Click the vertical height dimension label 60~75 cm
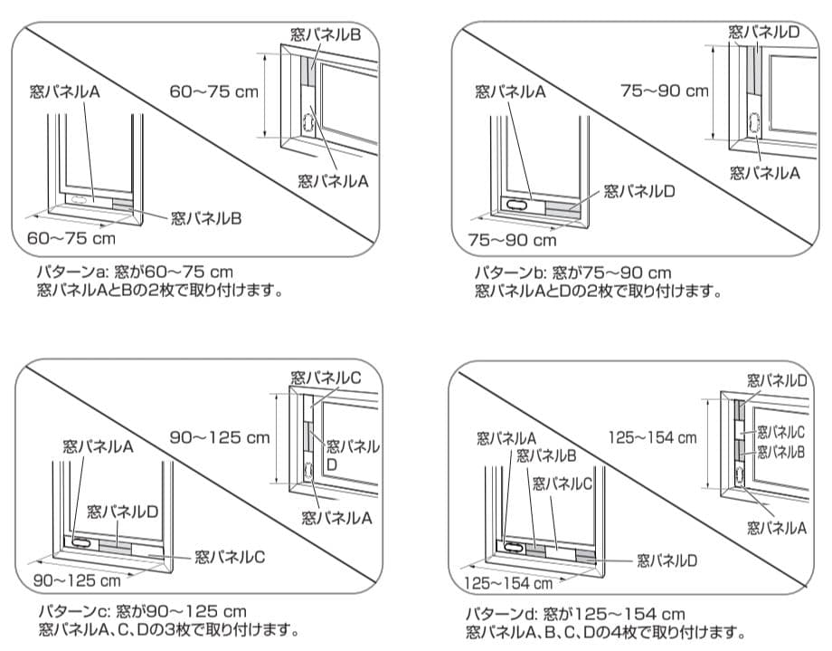[x=213, y=91]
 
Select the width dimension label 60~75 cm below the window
[x=71, y=239]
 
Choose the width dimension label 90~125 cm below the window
[x=77, y=579]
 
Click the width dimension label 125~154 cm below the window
[x=508, y=583]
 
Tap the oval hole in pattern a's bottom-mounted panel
[x=80, y=197]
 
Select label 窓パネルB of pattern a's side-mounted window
[x=326, y=34]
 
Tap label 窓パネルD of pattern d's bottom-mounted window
[x=667, y=560]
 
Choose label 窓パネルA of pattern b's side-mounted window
[x=765, y=172]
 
